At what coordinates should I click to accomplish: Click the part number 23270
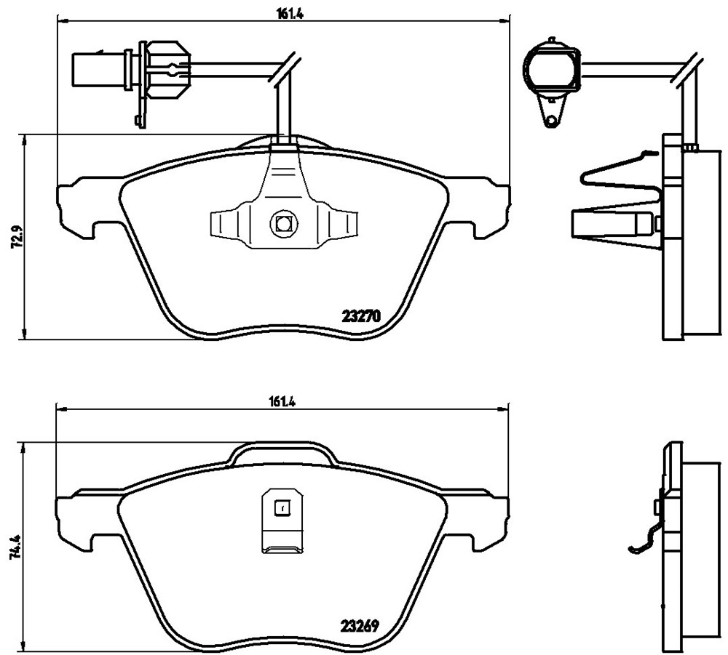361,317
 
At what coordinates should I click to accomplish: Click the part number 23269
360,626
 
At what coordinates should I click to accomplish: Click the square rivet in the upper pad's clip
282,223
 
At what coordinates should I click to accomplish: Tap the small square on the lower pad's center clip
281,507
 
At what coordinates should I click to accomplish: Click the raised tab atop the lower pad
284,454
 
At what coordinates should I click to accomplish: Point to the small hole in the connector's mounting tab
551,121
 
